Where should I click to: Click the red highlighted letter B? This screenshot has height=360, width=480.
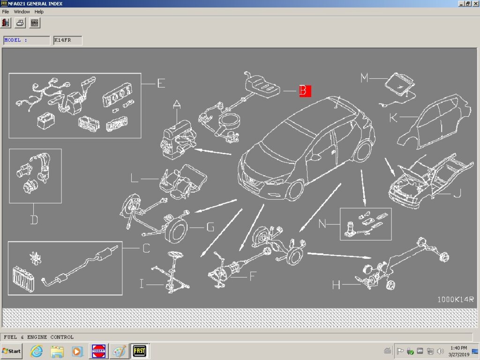(305, 91)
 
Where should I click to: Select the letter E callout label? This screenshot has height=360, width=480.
(161, 84)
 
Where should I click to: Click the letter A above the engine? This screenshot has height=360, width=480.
(177, 105)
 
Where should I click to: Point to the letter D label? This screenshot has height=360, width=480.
(34, 219)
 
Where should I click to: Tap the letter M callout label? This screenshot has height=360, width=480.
(364, 78)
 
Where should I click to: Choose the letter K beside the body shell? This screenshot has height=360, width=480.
(393, 118)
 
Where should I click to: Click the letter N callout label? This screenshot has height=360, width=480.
(322, 224)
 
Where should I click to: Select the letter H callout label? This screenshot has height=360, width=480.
(336, 285)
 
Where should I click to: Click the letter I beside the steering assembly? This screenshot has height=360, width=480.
(142, 284)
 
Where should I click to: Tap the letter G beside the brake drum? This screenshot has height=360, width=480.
(210, 228)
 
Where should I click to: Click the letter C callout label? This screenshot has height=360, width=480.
(146, 248)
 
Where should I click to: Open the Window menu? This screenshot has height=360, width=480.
(22, 12)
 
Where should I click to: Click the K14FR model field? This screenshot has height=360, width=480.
(67, 40)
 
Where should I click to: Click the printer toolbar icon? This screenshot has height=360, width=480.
(21, 22)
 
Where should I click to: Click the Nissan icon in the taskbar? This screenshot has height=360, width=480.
(99, 351)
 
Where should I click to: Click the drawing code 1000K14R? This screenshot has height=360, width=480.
(456, 299)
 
